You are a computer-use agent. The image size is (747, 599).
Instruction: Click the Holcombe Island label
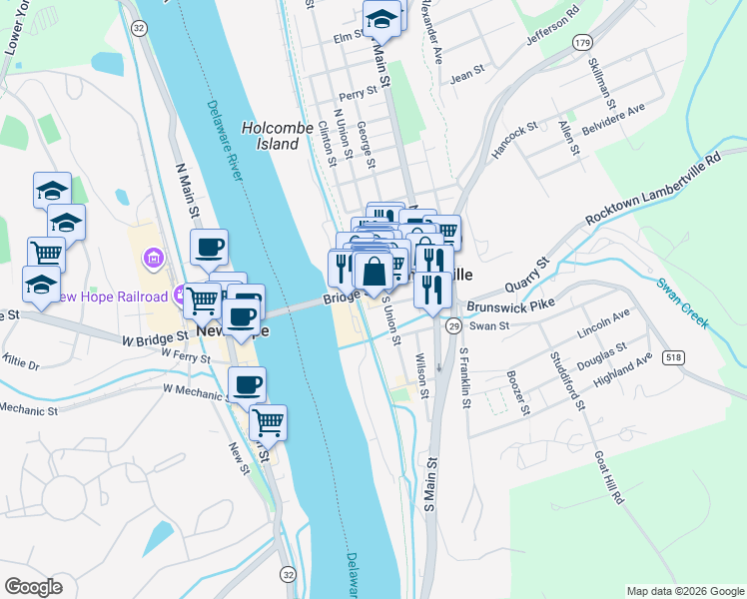click(271, 136)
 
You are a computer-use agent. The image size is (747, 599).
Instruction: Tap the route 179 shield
click(582, 41)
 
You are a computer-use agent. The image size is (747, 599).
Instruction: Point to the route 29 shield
click(453, 326)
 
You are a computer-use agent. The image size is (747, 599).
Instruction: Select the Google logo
click(33, 586)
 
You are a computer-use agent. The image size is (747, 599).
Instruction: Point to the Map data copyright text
click(684, 590)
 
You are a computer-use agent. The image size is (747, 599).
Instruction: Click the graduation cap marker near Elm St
click(380, 18)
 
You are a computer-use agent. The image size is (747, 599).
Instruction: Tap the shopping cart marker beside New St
click(268, 422)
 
